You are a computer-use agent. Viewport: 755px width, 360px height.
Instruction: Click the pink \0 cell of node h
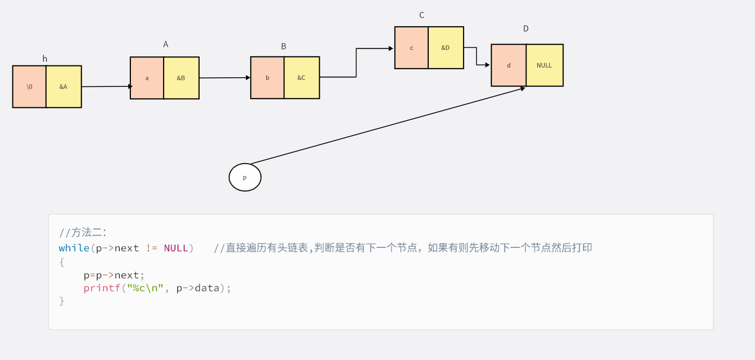[30, 86]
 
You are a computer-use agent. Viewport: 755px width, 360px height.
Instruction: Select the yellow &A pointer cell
[63, 86]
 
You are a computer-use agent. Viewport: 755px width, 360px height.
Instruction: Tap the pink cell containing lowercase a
[146, 78]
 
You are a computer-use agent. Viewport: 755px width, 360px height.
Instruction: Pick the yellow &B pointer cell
[181, 78]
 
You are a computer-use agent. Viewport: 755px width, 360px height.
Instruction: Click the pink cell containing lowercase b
[267, 78]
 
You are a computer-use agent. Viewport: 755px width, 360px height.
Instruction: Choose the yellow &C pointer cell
[302, 78]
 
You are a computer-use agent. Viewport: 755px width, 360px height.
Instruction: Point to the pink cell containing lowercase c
[411, 48]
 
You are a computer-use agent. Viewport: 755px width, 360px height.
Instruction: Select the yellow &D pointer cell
[445, 48]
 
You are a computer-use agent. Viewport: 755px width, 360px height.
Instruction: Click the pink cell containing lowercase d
[508, 65]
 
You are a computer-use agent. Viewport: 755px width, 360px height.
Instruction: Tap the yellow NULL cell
[544, 65]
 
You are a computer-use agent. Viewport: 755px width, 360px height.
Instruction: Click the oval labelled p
[245, 178]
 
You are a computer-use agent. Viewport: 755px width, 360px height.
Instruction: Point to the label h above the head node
[45, 58]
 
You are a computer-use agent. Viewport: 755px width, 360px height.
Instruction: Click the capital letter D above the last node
[526, 28]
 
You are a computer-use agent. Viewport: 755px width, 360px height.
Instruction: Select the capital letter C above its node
[422, 15]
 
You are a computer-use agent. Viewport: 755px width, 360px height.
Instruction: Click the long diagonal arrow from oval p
[386, 126]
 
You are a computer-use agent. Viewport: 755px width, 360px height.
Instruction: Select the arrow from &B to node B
[224, 78]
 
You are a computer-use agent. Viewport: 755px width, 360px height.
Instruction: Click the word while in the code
[74, 248]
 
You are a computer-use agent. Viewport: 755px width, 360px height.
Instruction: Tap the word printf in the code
[102, 288]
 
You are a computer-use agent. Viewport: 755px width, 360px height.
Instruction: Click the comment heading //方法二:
[83, 232]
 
